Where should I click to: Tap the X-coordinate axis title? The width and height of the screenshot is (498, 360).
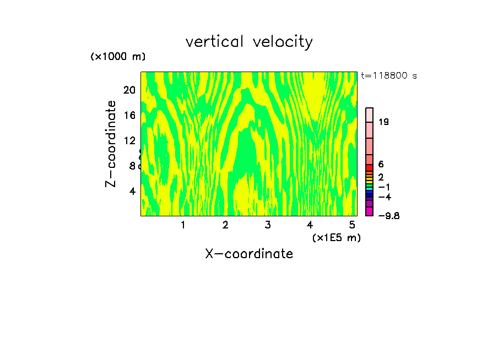click(249, 254)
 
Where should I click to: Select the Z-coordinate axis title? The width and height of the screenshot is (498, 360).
click(112, 144)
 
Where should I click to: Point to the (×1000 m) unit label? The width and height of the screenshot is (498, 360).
click(118, 57)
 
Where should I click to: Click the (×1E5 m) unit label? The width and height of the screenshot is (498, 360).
click(336, 237)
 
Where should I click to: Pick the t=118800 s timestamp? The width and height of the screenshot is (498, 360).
click(388, 75)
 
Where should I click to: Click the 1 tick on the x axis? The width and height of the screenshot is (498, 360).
click(183, 225)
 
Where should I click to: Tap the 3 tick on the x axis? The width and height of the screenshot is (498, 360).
click(267, 225)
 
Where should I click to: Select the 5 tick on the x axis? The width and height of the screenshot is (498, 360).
click(351, 225)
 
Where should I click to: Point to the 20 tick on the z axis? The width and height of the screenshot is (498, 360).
click(129, 90)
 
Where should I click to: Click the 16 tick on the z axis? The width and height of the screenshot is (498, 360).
click(129, 116)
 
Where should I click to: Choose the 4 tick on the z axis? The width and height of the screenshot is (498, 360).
click(132, 192)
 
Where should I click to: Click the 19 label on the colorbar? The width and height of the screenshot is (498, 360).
click(384, 122)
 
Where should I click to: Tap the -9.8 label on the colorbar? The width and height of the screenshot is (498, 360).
click(388, 216)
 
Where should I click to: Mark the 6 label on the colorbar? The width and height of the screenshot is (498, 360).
click(381, 165)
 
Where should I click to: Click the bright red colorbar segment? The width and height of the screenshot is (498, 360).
click(370, 167)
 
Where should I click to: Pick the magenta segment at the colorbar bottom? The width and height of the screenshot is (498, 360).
click(370, 211)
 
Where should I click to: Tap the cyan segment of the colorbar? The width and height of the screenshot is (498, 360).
click(370, 188)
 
